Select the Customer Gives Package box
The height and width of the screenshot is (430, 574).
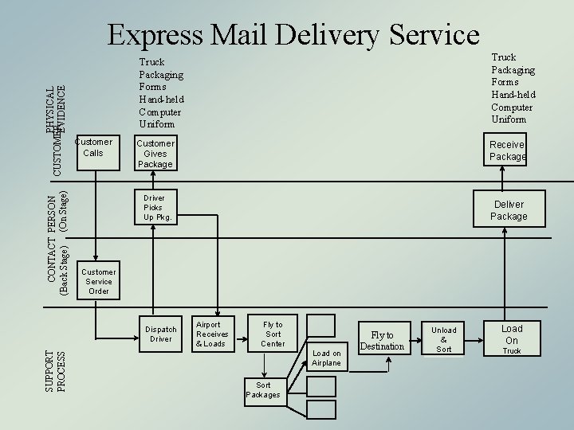[x=155, y=154]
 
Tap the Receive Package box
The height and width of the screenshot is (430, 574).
[x=507, y=150]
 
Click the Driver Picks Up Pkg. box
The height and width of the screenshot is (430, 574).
[x=157, y=207]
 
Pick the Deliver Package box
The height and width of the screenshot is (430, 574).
[x=508, y=209]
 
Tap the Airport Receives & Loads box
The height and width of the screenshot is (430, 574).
[x=212, y=334]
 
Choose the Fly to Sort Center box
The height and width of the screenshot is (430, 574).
[x=273, y=334]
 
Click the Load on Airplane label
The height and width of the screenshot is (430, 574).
[x=326, y=358]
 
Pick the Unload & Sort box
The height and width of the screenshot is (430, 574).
[x=444, y=339]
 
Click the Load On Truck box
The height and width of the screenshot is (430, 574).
[x=512, y=339]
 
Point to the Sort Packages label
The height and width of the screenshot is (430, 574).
[x=263, y=390]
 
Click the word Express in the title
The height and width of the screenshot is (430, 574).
[x=163, y=34]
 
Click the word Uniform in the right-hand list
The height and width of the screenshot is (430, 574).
[x=509, y=119]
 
